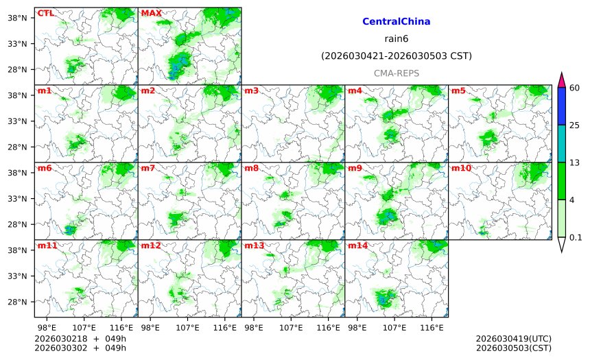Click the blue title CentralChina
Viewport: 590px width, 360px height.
[396, 22]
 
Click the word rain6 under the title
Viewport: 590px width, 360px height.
[396, 38]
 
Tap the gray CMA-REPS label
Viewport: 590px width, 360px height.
[396, 73]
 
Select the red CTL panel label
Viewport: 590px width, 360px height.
[45, 13]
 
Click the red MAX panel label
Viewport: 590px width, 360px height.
[150, 13]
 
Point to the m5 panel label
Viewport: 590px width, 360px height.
[458, 91]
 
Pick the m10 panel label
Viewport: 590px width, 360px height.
[460, 168]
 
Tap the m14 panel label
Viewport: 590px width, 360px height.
[357, 245]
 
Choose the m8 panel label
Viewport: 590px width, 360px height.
[251, 168]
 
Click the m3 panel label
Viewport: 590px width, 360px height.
[251, 91]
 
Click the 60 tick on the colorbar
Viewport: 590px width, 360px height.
[575, 88]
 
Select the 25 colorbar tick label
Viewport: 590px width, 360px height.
[575, 125]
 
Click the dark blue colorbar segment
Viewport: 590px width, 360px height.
[561, 106]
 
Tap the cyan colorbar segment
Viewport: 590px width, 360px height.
[561, 143]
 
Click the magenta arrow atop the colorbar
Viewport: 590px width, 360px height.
[561, 80]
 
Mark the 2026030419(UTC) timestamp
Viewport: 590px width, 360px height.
[513, 339]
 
